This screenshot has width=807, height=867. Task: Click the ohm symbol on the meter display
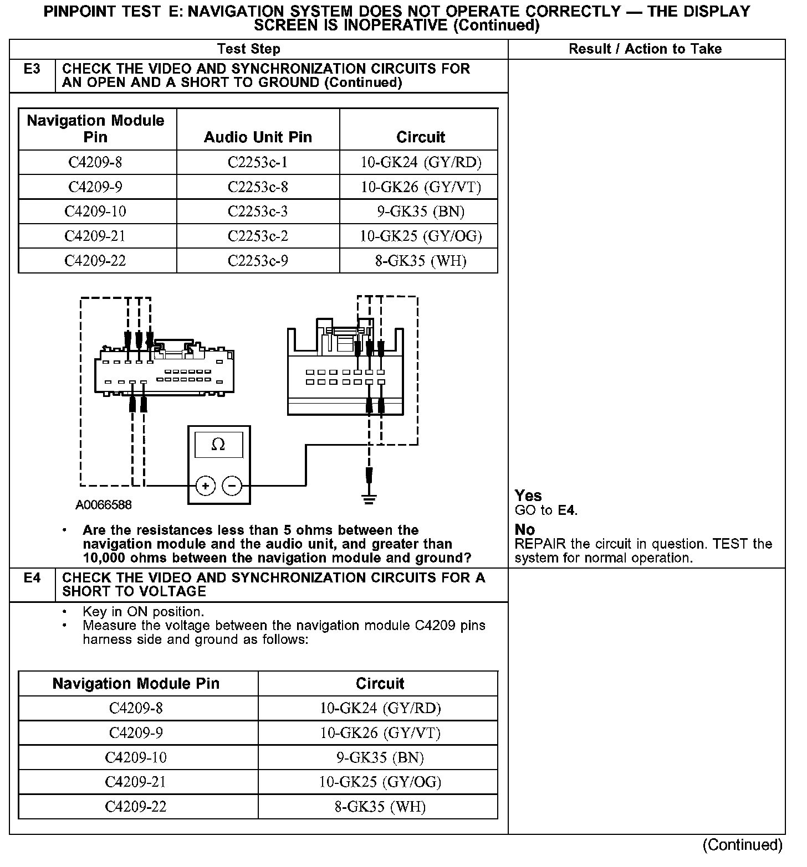tap(218, 445)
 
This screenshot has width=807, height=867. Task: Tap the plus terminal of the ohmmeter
tap(205, 486)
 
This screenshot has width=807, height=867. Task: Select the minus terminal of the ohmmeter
tap(232, 486)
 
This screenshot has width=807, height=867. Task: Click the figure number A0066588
tap(104, 505)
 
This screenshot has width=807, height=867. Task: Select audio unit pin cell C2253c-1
tap(258, 162)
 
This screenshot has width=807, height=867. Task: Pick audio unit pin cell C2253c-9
tap(258, 261)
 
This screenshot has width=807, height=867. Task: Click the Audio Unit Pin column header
tap(258, 137)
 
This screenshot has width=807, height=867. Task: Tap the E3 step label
tap(32, 69)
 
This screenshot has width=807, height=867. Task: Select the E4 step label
tap(32, 578)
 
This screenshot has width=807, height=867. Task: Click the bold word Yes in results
tap(528, 496)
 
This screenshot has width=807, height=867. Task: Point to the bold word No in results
tap(524, 530)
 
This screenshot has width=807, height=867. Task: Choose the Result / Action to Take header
tap(645, 49)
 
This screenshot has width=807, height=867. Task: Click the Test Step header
tap(249, 49)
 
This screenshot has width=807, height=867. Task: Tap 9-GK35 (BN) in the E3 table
tap(421, 211)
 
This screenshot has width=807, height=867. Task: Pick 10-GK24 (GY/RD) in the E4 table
tap(380, 708)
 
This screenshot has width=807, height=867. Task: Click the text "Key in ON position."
tap(143, 612)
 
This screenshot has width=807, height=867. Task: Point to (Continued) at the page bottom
tap(742, 845)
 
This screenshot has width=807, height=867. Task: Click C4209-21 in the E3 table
tap(95, 236)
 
